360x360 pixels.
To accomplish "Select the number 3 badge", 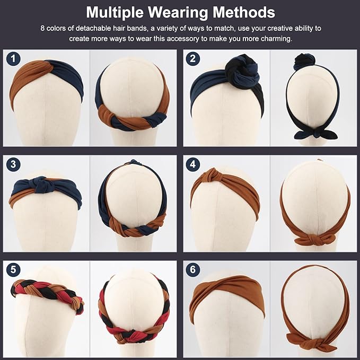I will point(13,164).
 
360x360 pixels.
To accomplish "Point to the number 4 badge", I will point(193,164).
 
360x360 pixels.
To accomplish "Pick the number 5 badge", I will point(13,269).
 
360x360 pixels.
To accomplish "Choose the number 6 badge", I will point(193,269).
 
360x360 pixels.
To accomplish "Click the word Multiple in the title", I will point(117,12).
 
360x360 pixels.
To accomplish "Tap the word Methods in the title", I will point(246,12).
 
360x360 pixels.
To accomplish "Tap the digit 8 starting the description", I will point(42,27).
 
